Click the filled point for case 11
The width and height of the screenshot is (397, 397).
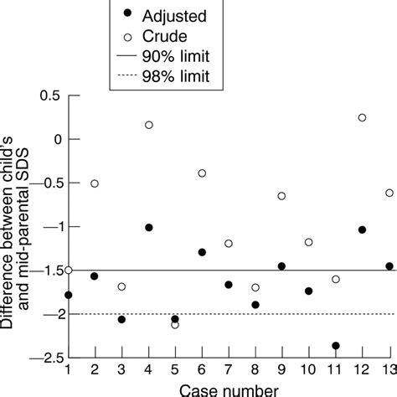click(336, 345)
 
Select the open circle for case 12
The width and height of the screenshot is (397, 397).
click(362, 117)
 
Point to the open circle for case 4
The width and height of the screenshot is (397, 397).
click(148, 125)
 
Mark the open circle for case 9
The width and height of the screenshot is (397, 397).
click(282, 196)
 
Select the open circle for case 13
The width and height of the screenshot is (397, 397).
click(389, 193)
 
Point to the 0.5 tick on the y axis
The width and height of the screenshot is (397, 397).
click(68, 95)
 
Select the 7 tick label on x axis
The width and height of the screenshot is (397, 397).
click(229, 370)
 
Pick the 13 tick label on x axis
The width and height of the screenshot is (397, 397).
click(387, 370)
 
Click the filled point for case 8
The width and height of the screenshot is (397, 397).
click(255, 305)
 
